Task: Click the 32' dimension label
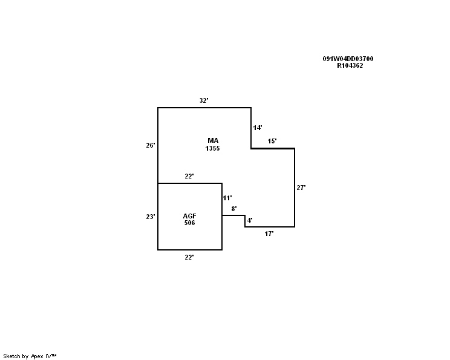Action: point(204,100)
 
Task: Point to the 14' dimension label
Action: point(258,128)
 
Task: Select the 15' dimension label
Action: point(272,141)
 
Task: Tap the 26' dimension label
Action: point(151,145)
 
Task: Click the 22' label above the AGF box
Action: point(189,176)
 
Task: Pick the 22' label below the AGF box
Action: point(189,257)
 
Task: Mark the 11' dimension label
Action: point(227,198)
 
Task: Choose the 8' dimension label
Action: point(234,209)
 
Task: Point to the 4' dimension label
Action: point(250,220)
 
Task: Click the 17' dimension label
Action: point(269,234)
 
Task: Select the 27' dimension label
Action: point(301,188)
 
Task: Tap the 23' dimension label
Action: point(151,216)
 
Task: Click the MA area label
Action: point(212,140)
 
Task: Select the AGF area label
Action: point(190,216)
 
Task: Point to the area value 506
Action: point(190,223)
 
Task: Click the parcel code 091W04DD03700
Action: point(348,59)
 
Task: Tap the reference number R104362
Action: point(350,65)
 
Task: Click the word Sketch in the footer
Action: point(12,356)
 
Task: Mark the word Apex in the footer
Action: point(37,356)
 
